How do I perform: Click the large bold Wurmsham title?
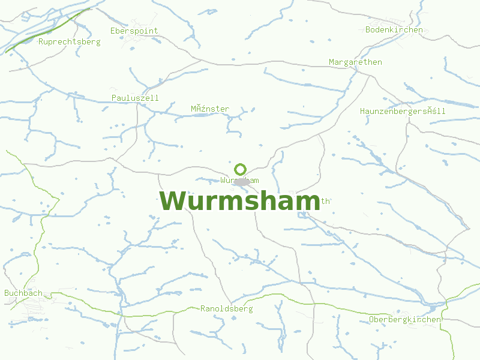pos(239,202)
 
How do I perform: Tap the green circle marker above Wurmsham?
pos(240,169)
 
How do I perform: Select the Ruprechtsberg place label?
pos(69,42)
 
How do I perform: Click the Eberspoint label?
pos(134,31)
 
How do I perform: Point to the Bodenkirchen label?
pos(394,29)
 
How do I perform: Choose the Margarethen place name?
pos(355,62)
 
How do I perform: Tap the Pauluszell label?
pos(135,97)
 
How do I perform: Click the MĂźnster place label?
pos(210,109)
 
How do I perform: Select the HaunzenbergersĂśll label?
pos(403,111)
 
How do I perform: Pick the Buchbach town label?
pos(23,293)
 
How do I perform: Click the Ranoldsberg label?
pos(226,308)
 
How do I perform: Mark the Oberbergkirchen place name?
pos(405,319)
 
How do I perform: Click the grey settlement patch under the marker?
pos(241,181)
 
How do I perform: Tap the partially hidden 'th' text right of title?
pos(326,201)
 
